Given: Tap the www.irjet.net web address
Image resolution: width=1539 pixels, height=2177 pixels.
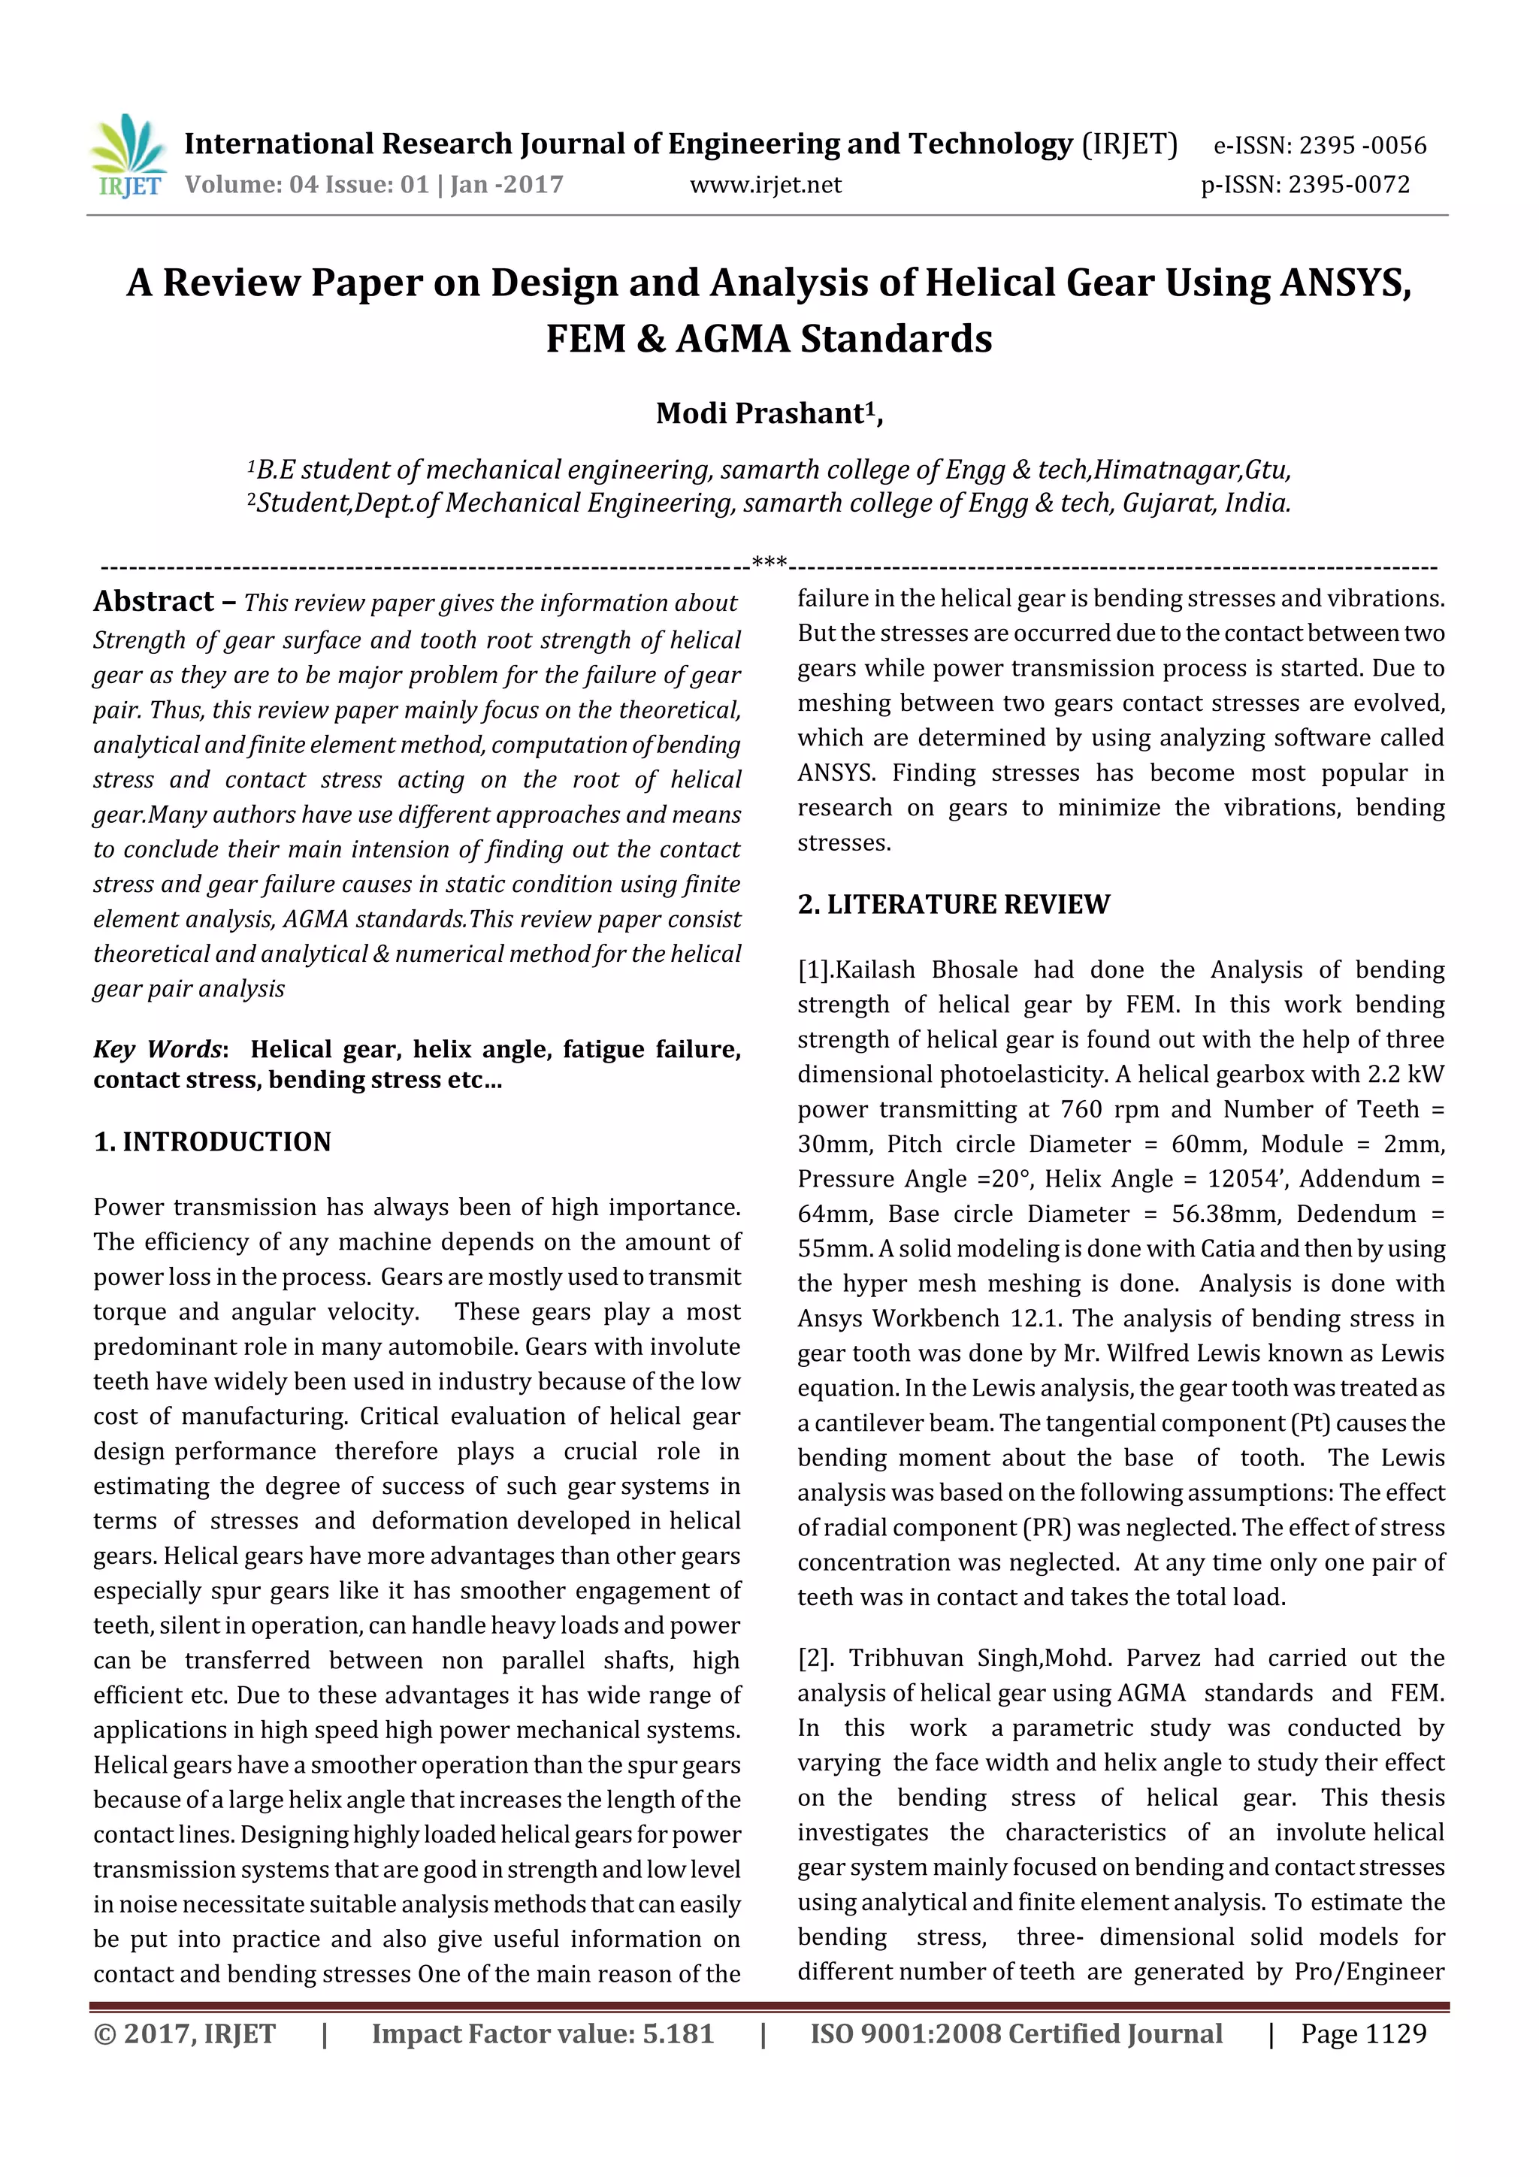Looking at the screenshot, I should (x=765, y=185).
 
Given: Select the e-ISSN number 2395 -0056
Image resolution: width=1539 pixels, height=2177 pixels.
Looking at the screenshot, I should (x=1362, y=146).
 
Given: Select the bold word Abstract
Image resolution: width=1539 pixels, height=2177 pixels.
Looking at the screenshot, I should (x=153, y=601).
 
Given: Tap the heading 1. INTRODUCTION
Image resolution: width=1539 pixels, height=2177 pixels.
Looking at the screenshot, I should (x=213, y=1141).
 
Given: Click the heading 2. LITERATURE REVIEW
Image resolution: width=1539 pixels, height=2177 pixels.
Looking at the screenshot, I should (x=953, y=905).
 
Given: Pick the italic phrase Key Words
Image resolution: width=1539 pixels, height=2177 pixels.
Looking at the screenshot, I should (x=157, y=1050).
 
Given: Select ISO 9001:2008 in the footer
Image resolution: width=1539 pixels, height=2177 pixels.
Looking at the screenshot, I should (x=905, y=2033).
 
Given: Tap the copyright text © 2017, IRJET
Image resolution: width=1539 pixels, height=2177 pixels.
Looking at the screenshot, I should (x=185, y=2033).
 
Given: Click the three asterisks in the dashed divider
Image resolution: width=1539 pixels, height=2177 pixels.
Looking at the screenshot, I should (x=769, y=563).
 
